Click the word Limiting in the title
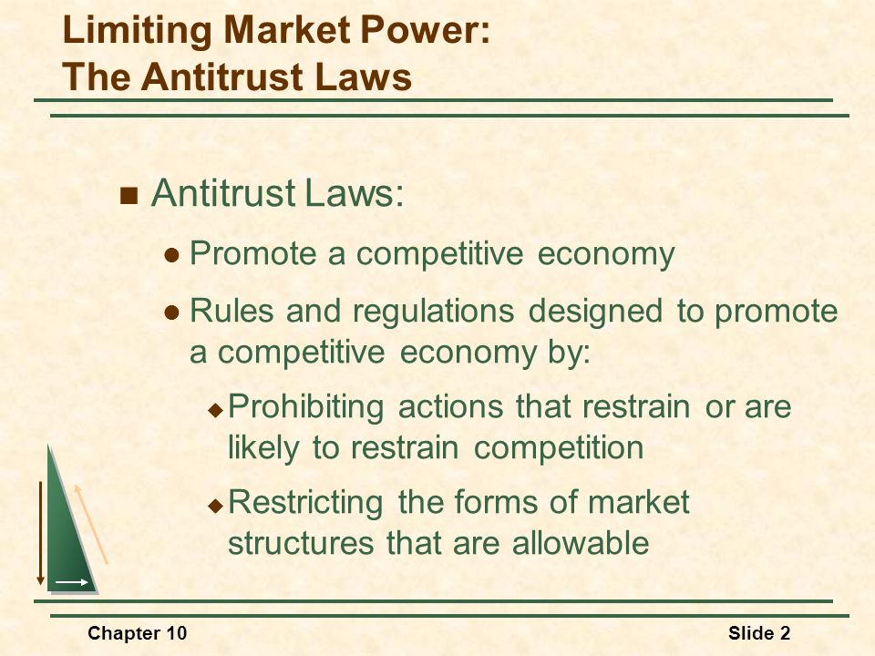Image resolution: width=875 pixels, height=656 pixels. [138, 30]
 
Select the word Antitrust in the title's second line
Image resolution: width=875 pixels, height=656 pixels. [223, 77]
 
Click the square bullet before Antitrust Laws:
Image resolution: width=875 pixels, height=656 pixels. [129, 196]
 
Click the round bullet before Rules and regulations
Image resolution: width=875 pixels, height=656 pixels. [172, 313]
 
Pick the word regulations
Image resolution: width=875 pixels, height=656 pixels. [434, 313]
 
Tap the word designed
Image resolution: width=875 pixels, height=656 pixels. [596, 312]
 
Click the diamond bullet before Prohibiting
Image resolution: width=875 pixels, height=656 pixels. [215, 411]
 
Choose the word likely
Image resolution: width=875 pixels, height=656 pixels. [263, 448]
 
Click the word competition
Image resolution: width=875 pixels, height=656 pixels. [559, 448]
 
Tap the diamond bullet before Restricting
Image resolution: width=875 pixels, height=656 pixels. [215, 506]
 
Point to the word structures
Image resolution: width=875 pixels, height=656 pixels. [301, 543]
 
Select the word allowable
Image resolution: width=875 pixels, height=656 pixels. [581, 542]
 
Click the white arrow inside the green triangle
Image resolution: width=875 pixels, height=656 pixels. [72, 582]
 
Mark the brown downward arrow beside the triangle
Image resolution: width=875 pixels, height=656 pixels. [40, 533]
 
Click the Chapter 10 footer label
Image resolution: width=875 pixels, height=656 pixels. [138, 634]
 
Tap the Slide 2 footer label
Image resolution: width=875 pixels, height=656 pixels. [759, 634]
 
